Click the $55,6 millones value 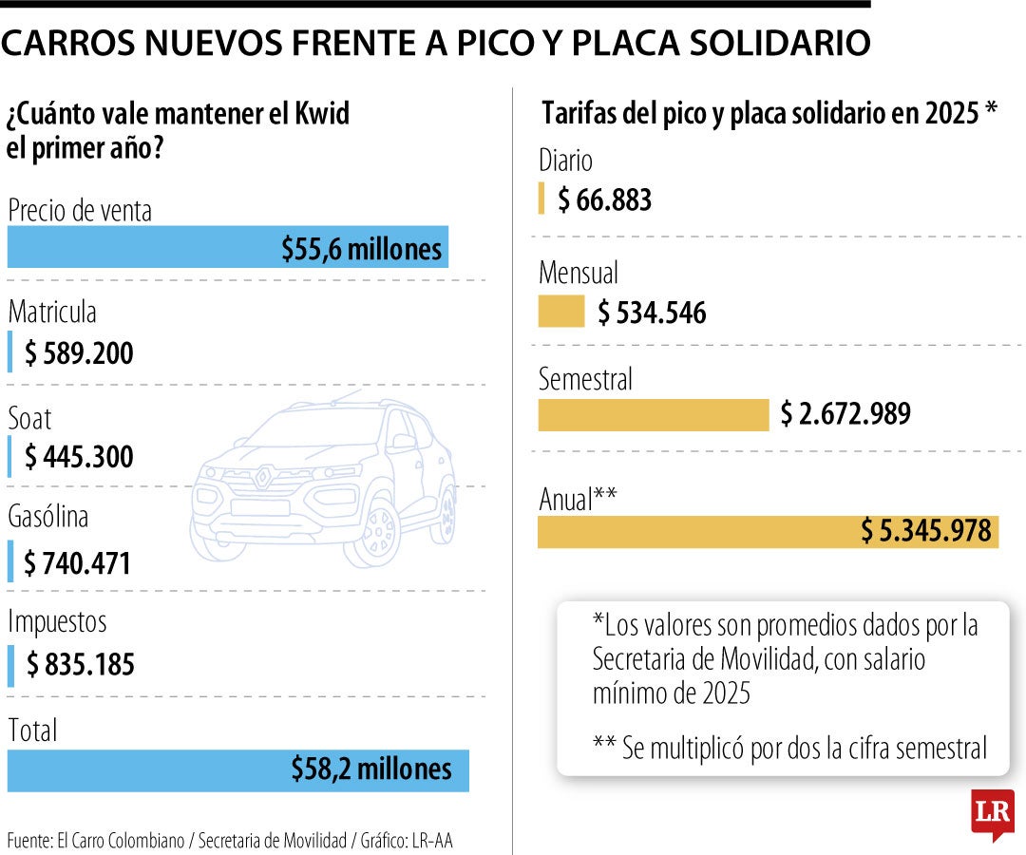click(x=362, y=249)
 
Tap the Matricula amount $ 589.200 click(x=79, y=354)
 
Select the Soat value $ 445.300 click(x=79, y=458)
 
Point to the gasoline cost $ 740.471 click(x=77, y=562)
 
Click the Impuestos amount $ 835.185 click(x=80, y=665)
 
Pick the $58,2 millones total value click(x=371, y=769)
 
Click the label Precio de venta click(x=80, y=210)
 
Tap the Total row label click(x=32, y=731)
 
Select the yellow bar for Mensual click(x=561, y=313)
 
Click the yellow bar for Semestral click(x=653, y=415)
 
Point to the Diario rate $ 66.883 click(x=604, y=200)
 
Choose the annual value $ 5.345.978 click(x=926, y=532)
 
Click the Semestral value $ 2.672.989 click(x=845, y=414)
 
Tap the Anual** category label click(x=579, y=500)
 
